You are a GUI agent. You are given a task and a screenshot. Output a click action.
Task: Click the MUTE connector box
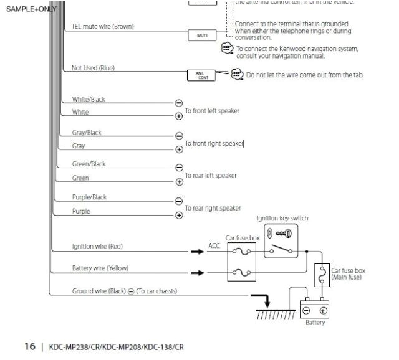[203, 36]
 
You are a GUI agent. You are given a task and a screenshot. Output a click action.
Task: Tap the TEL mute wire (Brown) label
[102, 27]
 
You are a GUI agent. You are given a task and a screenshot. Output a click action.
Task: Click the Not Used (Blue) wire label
[93, 68]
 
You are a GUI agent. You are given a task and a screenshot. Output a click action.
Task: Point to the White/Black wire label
[89, 100]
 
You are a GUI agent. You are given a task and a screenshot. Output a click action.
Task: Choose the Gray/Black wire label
[87, 133]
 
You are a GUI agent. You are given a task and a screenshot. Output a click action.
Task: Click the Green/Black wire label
[89, 164]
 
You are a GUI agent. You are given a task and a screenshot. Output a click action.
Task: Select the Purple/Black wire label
[89, 197]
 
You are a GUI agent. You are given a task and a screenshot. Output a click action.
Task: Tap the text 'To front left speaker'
[212, 111]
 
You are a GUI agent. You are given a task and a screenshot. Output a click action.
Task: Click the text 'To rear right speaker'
[213, 208]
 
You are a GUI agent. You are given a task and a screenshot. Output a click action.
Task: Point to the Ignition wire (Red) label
[97, 247]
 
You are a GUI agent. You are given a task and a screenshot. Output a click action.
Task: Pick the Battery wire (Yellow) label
[100, 268]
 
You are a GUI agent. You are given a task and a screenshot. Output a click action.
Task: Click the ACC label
[214, 246]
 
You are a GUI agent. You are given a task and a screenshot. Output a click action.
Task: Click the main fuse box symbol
[322, 274]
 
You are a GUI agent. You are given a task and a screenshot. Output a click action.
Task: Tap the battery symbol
[315, 310]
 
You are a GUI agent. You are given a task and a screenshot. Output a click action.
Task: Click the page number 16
[30, 346]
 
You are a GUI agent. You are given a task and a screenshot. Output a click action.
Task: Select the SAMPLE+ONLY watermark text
[31, 9]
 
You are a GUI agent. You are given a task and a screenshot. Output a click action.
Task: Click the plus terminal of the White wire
[179, 116]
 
